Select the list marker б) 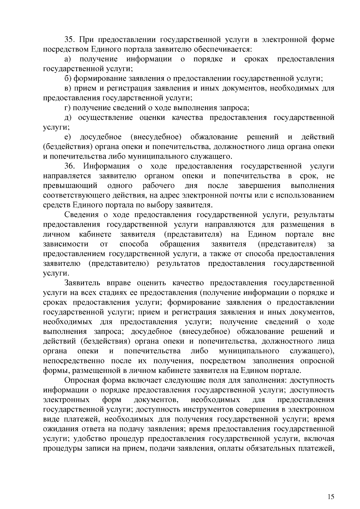coord(68,79)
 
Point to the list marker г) coord(67,108)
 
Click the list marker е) coord(67,137)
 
